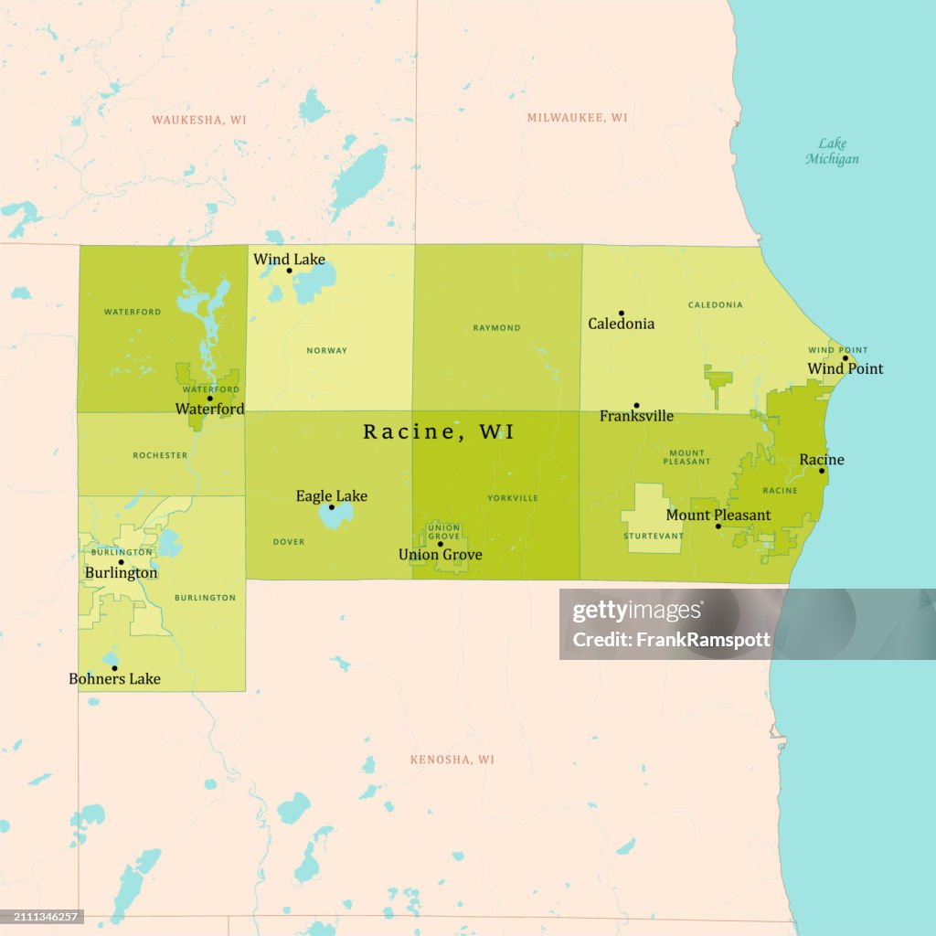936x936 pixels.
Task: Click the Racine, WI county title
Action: point(438,431)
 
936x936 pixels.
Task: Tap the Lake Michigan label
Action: point(832,151)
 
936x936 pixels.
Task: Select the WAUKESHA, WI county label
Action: point(199,120)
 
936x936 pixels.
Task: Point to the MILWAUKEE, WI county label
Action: point(577,118)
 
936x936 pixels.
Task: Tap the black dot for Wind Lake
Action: point(290,271)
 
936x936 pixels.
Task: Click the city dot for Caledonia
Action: point(622,314)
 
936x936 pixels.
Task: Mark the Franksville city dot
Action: point(636,406)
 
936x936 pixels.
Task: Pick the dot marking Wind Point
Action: point(846,358)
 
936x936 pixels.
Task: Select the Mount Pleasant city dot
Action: point(718,526)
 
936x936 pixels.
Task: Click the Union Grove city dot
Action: point(440,544)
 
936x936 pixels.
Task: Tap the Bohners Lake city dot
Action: point(114,668)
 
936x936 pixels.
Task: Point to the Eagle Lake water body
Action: point(335,515)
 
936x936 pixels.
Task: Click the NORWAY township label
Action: point(326,351)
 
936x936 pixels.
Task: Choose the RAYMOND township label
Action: point(496,327)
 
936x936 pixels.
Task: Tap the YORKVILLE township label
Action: point(513,498)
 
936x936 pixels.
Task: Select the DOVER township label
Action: point(289,542)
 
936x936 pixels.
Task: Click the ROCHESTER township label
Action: point(160,455)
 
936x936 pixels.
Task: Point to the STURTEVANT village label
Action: point(653,536)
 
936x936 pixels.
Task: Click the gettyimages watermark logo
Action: point(637,612)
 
